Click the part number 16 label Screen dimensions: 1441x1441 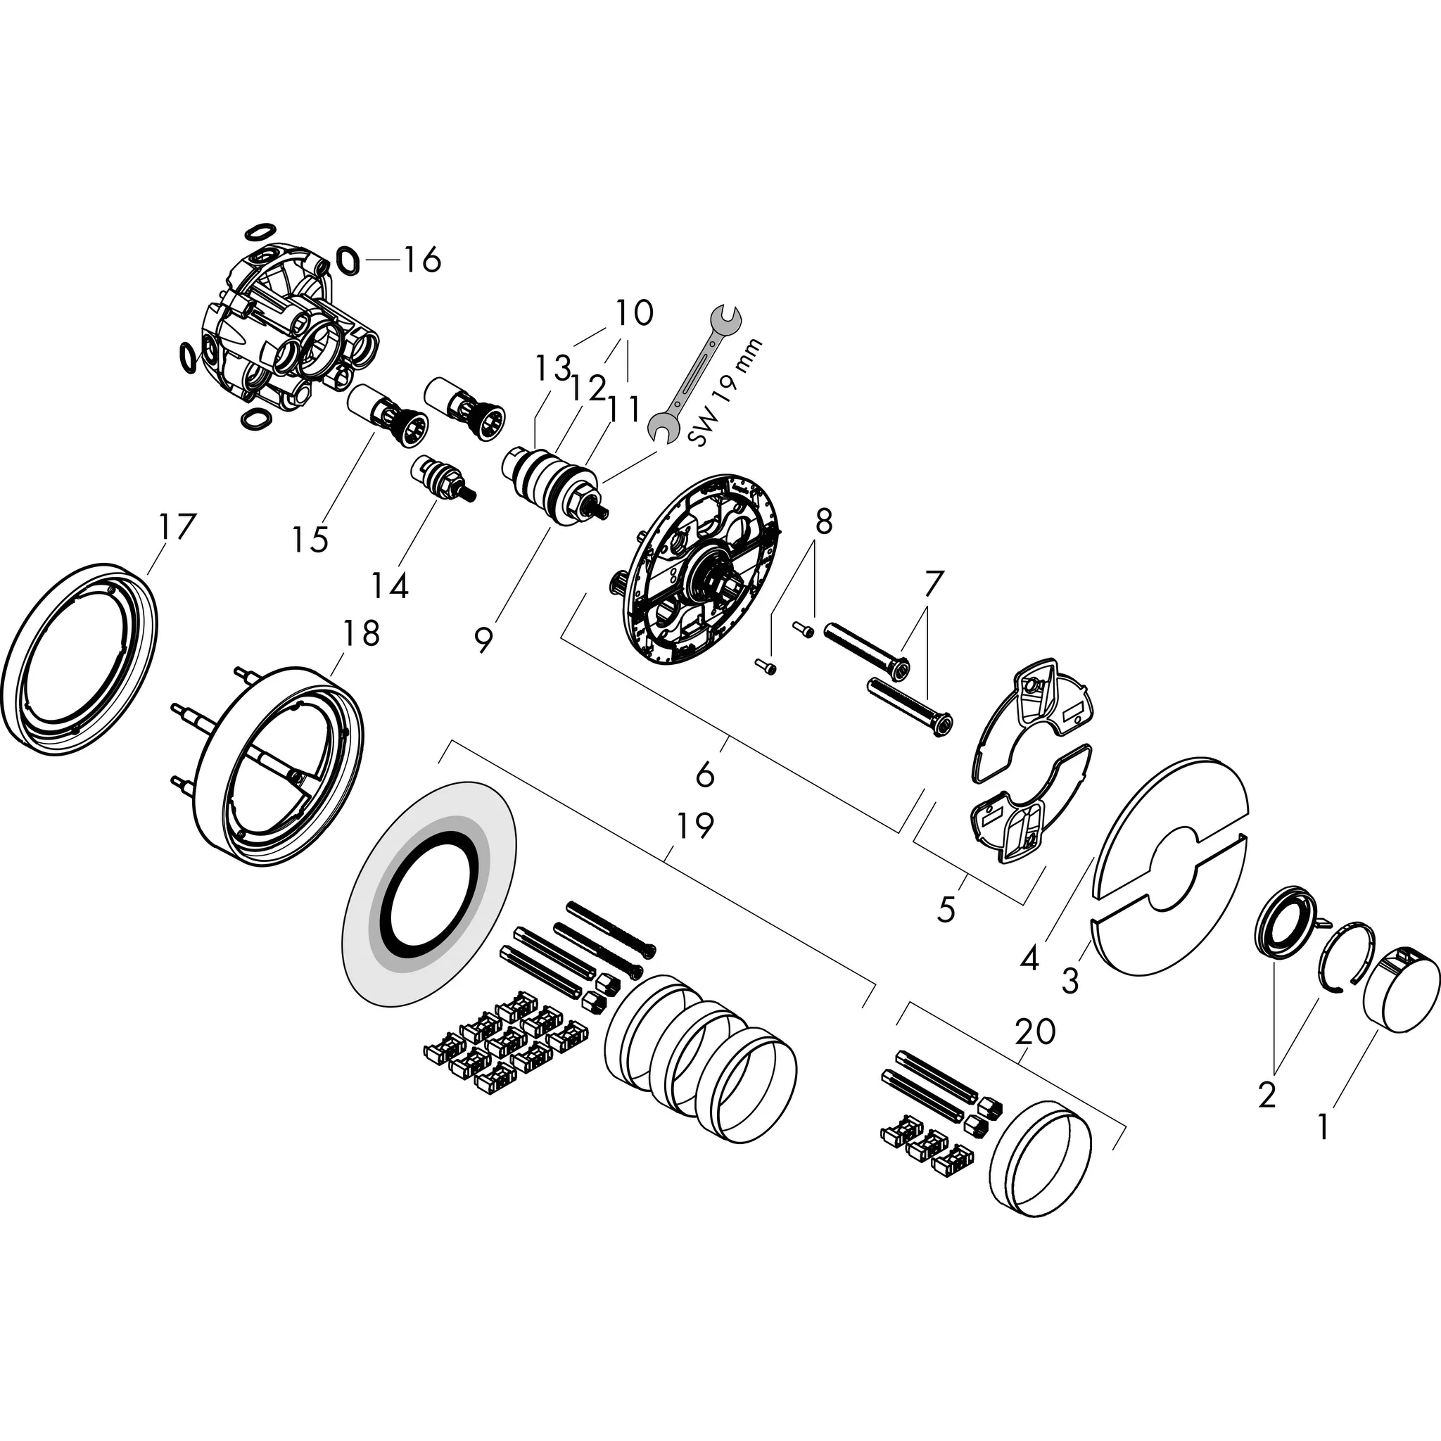point(422,260)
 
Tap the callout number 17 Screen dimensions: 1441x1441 point(177,527)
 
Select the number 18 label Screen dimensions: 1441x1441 point(362,633)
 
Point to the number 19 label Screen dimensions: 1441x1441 point(695,825)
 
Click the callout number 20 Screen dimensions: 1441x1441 point(1035,1031)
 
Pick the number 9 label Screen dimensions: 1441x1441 point(484,640)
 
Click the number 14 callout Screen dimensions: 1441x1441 point(390,585)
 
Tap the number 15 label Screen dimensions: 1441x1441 point(310,539)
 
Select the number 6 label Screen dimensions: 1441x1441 point(705,775)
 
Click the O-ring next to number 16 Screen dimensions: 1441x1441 point(348,260)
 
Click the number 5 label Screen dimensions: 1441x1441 point(946,910)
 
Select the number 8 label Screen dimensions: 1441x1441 point(823,523)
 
